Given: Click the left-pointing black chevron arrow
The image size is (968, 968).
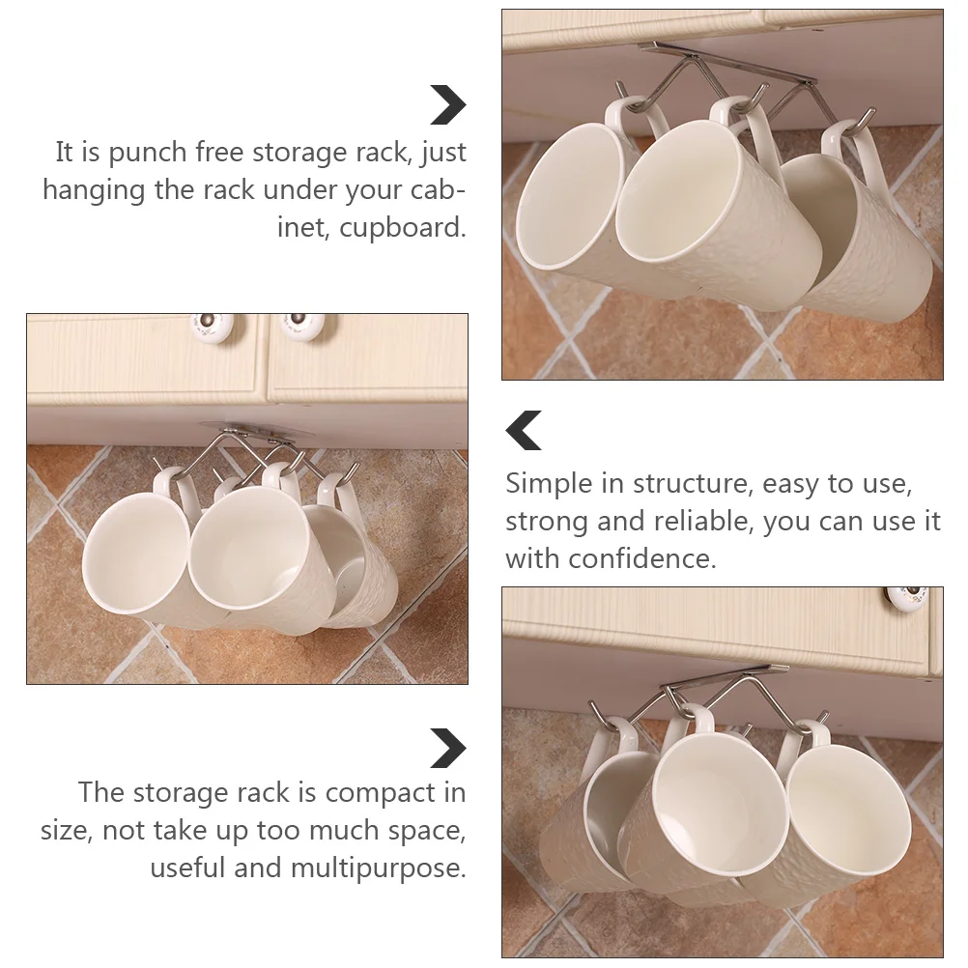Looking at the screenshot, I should [525, 430].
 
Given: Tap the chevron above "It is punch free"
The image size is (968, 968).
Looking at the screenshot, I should [447, 105].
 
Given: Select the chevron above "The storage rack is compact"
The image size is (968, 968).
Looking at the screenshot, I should [447, 749].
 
